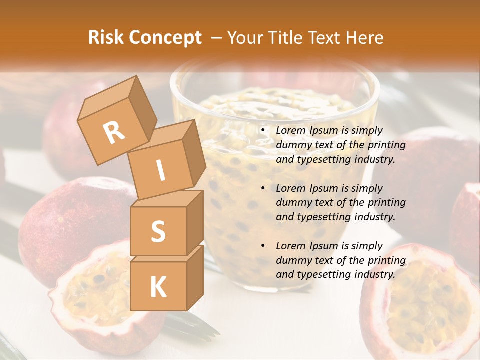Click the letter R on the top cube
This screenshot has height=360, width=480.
(x=114, y=132)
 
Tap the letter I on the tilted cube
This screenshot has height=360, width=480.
(x=160, y=170)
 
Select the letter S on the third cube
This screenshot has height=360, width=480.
(x=158, y=231)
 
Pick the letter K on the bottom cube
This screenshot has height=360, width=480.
(x=158, y=287)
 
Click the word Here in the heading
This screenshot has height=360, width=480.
(x=364, y=38)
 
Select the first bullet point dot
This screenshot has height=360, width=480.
(x=263, y=131)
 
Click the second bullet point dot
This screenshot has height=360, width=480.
(x=263, y=188)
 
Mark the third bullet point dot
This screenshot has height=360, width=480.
(x=263, y=246)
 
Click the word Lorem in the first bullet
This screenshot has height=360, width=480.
(x=290, y=130)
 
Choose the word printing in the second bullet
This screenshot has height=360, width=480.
(x=386, y=202)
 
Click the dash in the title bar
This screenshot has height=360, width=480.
(x=217, y=38)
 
